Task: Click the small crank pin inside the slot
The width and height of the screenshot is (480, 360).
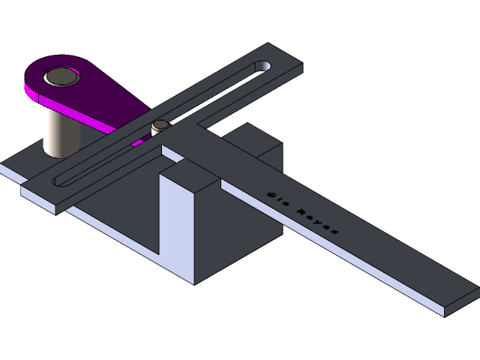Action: (160, 125)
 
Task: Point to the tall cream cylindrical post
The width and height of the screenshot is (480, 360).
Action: (60, 131)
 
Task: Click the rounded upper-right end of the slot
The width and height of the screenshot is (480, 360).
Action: (262, 68)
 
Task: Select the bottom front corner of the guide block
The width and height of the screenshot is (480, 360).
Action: (195, 283)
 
